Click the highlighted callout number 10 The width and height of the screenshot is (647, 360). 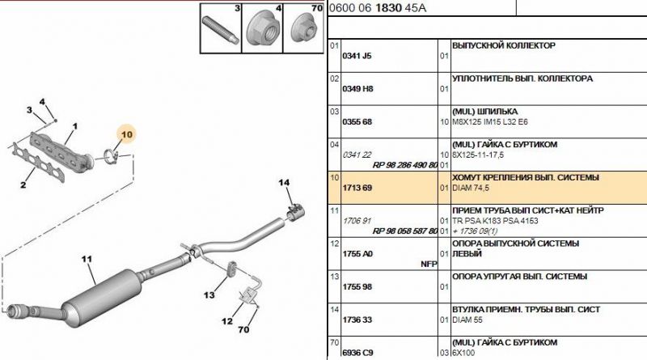127,134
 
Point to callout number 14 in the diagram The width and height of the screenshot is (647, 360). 284,183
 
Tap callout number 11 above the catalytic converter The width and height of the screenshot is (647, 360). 87,259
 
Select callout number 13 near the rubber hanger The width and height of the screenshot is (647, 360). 209,294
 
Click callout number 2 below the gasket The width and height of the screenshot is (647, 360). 23,184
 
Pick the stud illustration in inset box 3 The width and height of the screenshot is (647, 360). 219,30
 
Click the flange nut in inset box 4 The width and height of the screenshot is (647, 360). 262,30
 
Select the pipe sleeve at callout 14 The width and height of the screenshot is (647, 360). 295,212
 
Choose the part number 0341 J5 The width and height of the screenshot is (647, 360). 357,56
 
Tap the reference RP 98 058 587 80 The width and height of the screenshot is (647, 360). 405,231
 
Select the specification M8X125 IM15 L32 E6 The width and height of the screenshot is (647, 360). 490,122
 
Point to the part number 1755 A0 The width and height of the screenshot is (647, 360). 357,254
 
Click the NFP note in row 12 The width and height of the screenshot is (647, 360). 429,264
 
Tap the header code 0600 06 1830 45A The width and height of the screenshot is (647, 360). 378,8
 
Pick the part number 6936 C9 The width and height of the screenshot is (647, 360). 357,353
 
